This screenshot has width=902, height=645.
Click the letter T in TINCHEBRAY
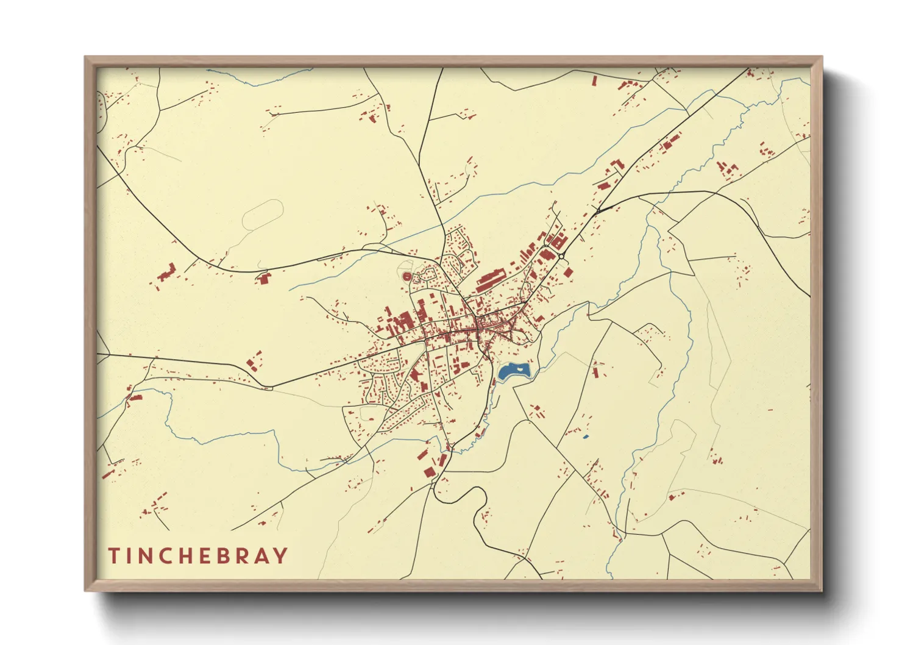[114, 556]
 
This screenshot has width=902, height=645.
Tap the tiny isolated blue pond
[586, 437]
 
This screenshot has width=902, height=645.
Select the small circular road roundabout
[560, 257]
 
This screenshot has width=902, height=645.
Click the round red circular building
[407, 276]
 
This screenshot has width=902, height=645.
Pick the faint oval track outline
[263, 214]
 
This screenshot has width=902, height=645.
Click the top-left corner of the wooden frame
[86, 58]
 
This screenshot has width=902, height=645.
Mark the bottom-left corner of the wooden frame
[86, 590]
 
